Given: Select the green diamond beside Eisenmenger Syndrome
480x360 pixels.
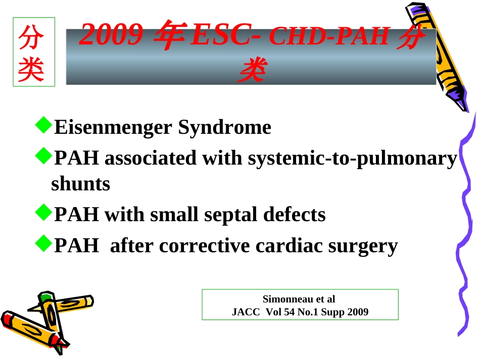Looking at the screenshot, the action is pyautogui.click(x=43, y=125).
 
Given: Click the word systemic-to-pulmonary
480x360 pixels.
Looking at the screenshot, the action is pyautogui.click(x=352, y=159).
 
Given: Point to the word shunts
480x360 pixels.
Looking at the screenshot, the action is pyautogui.click(x=80, y=183).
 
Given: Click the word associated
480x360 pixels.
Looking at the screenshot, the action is pyautogui.click(x=150, y=158).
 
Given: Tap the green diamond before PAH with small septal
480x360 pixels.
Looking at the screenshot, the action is pyautogui.click(x=43, y=212).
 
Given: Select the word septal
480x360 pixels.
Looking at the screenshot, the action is pyautogui.click(x=230, y=215).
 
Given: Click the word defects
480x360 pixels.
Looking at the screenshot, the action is pyautogui.click(x=295, y=214).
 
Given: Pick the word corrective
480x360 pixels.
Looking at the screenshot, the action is pyautogui.click(x=204, y=245).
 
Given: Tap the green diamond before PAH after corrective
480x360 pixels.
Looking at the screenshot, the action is pyautogui.click(x=43, y=243).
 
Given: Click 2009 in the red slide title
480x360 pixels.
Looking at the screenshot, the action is pyautogui.click(x=111, y=34).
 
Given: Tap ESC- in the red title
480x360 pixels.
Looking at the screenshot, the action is pyautogui.click(x=226, y=34).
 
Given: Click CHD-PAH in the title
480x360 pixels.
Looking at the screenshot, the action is pyautogui.click(x=330, y=36).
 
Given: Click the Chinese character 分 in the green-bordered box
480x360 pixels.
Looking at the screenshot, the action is pyautogui.click(x=31, y=37).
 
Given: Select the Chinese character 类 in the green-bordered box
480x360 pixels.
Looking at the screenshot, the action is pyautogui.click(x=31, y=69).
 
